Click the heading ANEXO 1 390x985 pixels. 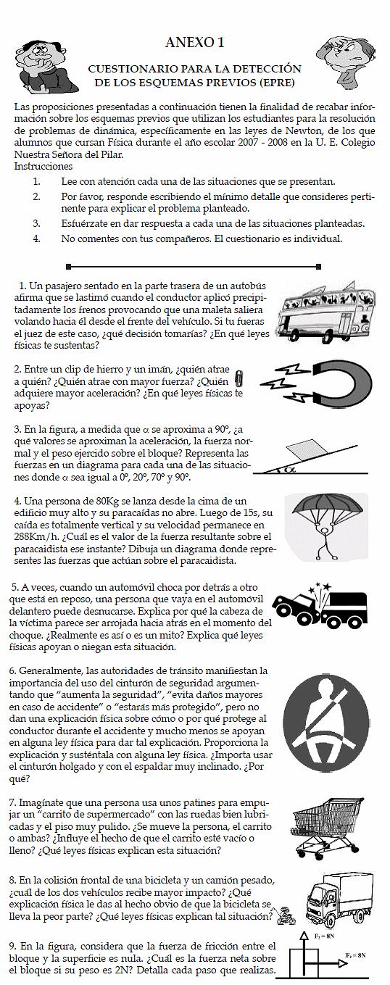(x=195, y=42)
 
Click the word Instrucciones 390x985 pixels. (x=43, y=166)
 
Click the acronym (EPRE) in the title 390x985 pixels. (x=277, y=82)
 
